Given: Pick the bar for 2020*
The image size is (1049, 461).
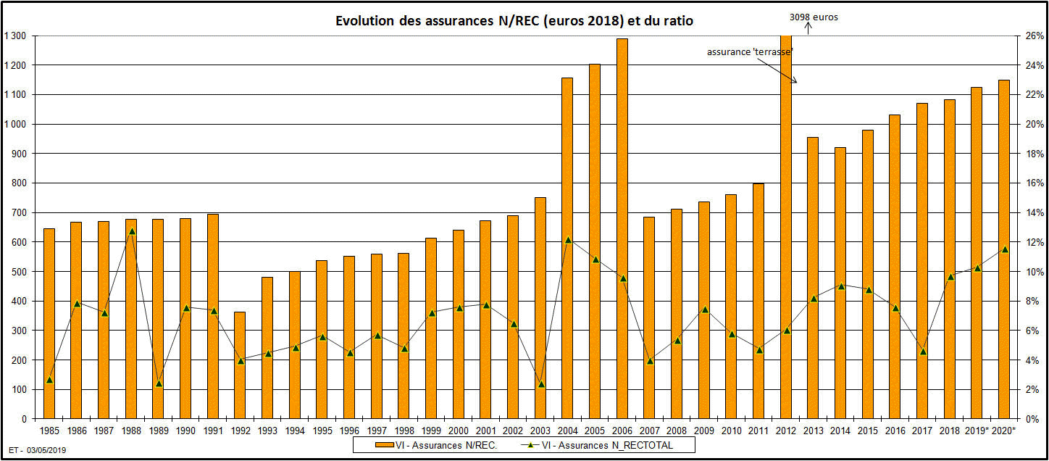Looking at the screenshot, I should pos(1004,249).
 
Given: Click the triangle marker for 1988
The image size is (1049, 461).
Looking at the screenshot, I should pos(131,231).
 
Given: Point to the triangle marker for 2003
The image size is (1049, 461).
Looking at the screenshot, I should pos(540,384).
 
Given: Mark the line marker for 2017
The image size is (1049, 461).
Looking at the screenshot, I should pos(922,352).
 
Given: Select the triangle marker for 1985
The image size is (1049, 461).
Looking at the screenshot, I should pos(49,380).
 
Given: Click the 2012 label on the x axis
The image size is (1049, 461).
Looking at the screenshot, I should pos(786,431).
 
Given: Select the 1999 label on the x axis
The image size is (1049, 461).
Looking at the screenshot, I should pos(431,431).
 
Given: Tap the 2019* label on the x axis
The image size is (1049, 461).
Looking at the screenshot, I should pos(977,431).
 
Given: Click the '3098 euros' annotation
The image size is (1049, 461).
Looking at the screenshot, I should pos(813,17).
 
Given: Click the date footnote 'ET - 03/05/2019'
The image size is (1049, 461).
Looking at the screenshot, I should pos(38,451).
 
